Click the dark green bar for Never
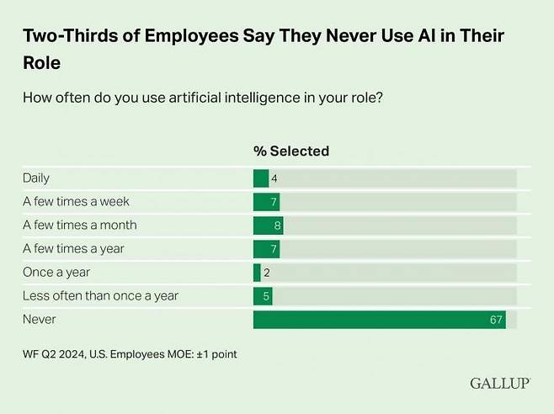pyautogui.click(x=379, y=320)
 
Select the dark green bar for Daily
pyautogui.click(x=261, y=178)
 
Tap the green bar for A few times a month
pyautogui.click(x=268, y=226)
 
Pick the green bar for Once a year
pyautogui.click(x=257, y=273)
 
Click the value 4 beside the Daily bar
pyautogui.click(x=274, y=178)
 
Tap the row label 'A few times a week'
pyautogui.click(x=76, y=202)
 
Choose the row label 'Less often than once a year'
pyautogui.click(x=100, y=296)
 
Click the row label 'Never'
pyautogui.click(x=40, y=320)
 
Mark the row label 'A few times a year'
pyautogui.click(x=75, y=249)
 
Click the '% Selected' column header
pyautogui.click(x=291, y=151)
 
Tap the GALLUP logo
pyautogui.click(x=499, y=384)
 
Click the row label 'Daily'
pyautogui.click(x=37, y=178)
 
